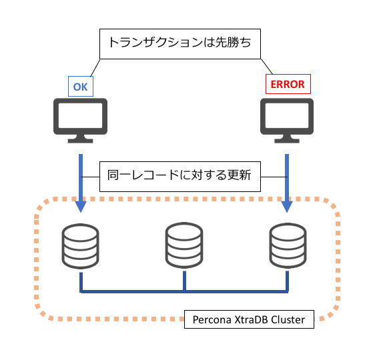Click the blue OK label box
tap(81, 86)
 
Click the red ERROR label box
tap(288, 84)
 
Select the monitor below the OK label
tap(81, 121)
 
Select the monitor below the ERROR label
tap(287, 121)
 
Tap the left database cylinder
tap(80, 246)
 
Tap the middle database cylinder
tap(184, 245)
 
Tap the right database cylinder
tap(288, 245)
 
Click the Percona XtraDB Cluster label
tap(249, 319)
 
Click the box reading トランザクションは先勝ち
tap(180, 44)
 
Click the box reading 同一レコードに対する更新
tap(180, 177)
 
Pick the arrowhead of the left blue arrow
tap(81, 207)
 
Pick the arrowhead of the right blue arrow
tap(287, 207)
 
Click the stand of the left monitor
tap(81, 139)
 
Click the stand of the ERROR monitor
tap(287, 139)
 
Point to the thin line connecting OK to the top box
tap(95, 68)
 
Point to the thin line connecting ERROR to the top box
tap(267, 67)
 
